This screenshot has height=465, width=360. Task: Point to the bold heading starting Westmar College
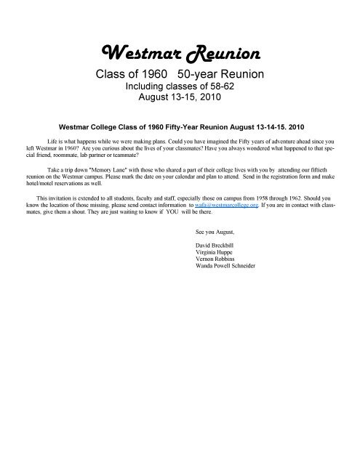point(180,124)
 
